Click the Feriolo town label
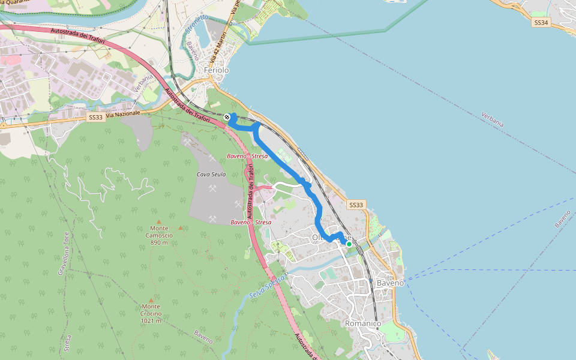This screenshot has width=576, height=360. pos(217,70)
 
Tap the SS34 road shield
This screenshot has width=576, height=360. pos(541,22)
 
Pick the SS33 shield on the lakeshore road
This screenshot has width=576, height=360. pos(356,205)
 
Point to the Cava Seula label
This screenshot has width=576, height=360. pos(211,175)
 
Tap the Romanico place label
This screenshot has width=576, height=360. pos(362,323)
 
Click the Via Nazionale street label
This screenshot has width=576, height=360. pos(124,113)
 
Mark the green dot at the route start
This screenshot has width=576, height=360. pos(349,244)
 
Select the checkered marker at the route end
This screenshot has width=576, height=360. pos(227,117)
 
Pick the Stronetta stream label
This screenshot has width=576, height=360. pos(197,26)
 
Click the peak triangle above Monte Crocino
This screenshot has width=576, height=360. pos(151,299)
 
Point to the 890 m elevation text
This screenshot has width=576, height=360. pos(159,242)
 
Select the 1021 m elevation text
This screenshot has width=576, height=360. pos(151,320)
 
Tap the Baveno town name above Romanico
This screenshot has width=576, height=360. pos(391,282)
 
